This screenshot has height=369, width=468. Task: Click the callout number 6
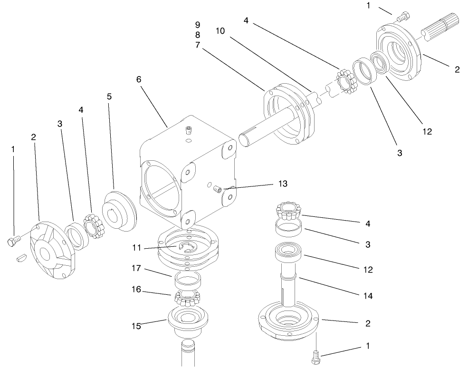click(139, 79)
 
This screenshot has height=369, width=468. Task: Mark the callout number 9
click(197, 24)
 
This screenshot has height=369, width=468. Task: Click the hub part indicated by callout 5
click(118, 212)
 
